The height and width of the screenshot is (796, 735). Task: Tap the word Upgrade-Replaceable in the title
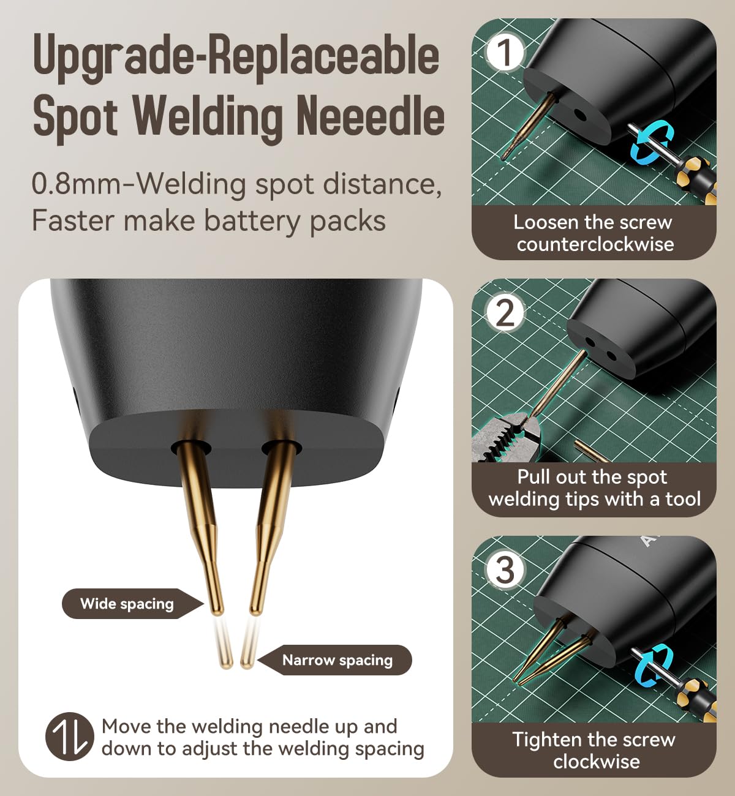click(x=236, y=55)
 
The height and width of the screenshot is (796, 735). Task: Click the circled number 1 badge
click(x=505, y=53)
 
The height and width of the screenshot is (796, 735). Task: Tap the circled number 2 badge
click(x=505, y=313)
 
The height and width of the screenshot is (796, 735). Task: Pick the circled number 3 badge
click(x=505, y=569)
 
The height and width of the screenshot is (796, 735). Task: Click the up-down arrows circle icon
click(x=70, y=737)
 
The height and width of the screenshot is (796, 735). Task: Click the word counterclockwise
click(x=595, y=244)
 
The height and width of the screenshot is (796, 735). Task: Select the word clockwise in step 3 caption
click(x=596, y=761)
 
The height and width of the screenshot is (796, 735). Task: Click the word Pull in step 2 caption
click(x=532, y=477)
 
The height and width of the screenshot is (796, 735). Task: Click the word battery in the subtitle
click(x=253, y=221)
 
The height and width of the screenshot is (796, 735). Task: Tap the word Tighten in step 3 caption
click(x=541, y=739)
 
